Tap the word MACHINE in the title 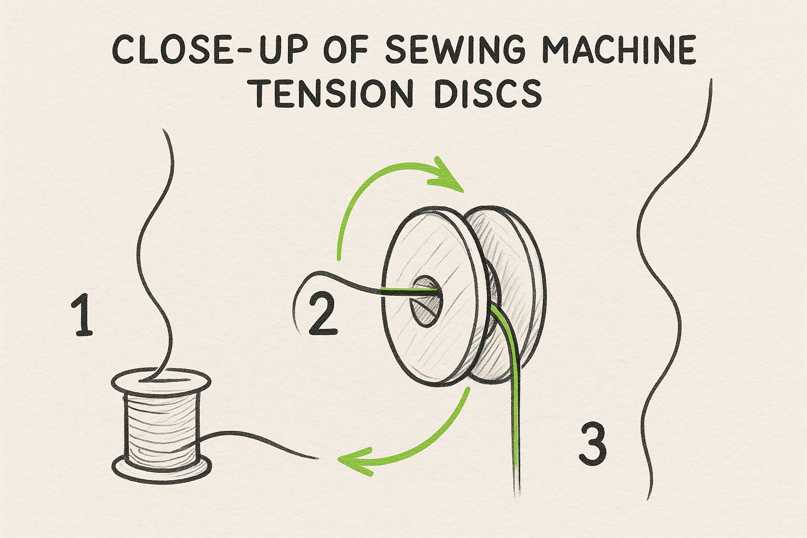[619, 50]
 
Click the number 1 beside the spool [82, 314]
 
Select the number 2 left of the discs [323, 314]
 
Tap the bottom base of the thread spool [161, 469]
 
